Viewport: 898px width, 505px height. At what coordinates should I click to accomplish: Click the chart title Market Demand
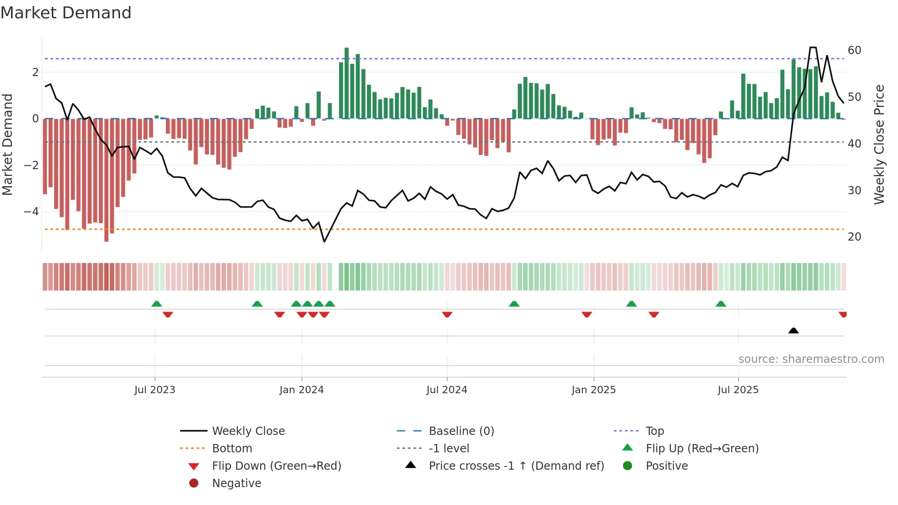[x=66, y=13]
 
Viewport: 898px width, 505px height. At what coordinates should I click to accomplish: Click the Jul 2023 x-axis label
[x=155, y=390]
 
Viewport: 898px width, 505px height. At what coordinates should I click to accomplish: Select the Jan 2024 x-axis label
[x=301, y=390]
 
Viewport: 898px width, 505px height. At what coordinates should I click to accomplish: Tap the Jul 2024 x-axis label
[x=447, y=390]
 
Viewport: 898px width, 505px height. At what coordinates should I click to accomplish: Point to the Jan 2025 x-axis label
[x=594, y=390]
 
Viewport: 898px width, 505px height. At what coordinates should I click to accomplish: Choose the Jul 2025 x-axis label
[x=738, y=390]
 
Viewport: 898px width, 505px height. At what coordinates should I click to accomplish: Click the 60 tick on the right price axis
[x=854, y=50]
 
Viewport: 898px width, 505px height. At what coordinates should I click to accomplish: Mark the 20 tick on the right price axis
[x=854, y=237]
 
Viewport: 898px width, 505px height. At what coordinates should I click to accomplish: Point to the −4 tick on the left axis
[x=31, y=212]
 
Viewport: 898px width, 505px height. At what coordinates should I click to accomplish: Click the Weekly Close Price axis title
[x=879, y=144]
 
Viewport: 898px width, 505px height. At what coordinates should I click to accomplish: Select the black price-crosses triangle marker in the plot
[x=794, y=330]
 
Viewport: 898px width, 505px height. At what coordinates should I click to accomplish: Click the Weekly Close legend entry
[x=248, y=431]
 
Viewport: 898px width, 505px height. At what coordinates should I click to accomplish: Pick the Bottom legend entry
[x=232, y=449]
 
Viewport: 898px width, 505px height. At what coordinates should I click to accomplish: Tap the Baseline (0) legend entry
[x=461, y=431]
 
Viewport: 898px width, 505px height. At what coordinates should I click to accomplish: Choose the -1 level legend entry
[x=449, y=449]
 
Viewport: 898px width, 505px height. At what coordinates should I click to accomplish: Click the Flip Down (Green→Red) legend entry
[x=276, y=466]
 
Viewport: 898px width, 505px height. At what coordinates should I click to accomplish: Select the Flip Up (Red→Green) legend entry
[x=702, y=449]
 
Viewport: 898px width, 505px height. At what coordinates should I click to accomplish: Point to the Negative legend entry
[x=236, y=483]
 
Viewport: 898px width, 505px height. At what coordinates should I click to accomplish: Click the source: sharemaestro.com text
[x=811, y=359]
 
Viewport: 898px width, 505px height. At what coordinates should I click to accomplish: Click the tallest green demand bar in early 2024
[x=347, y=82]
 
